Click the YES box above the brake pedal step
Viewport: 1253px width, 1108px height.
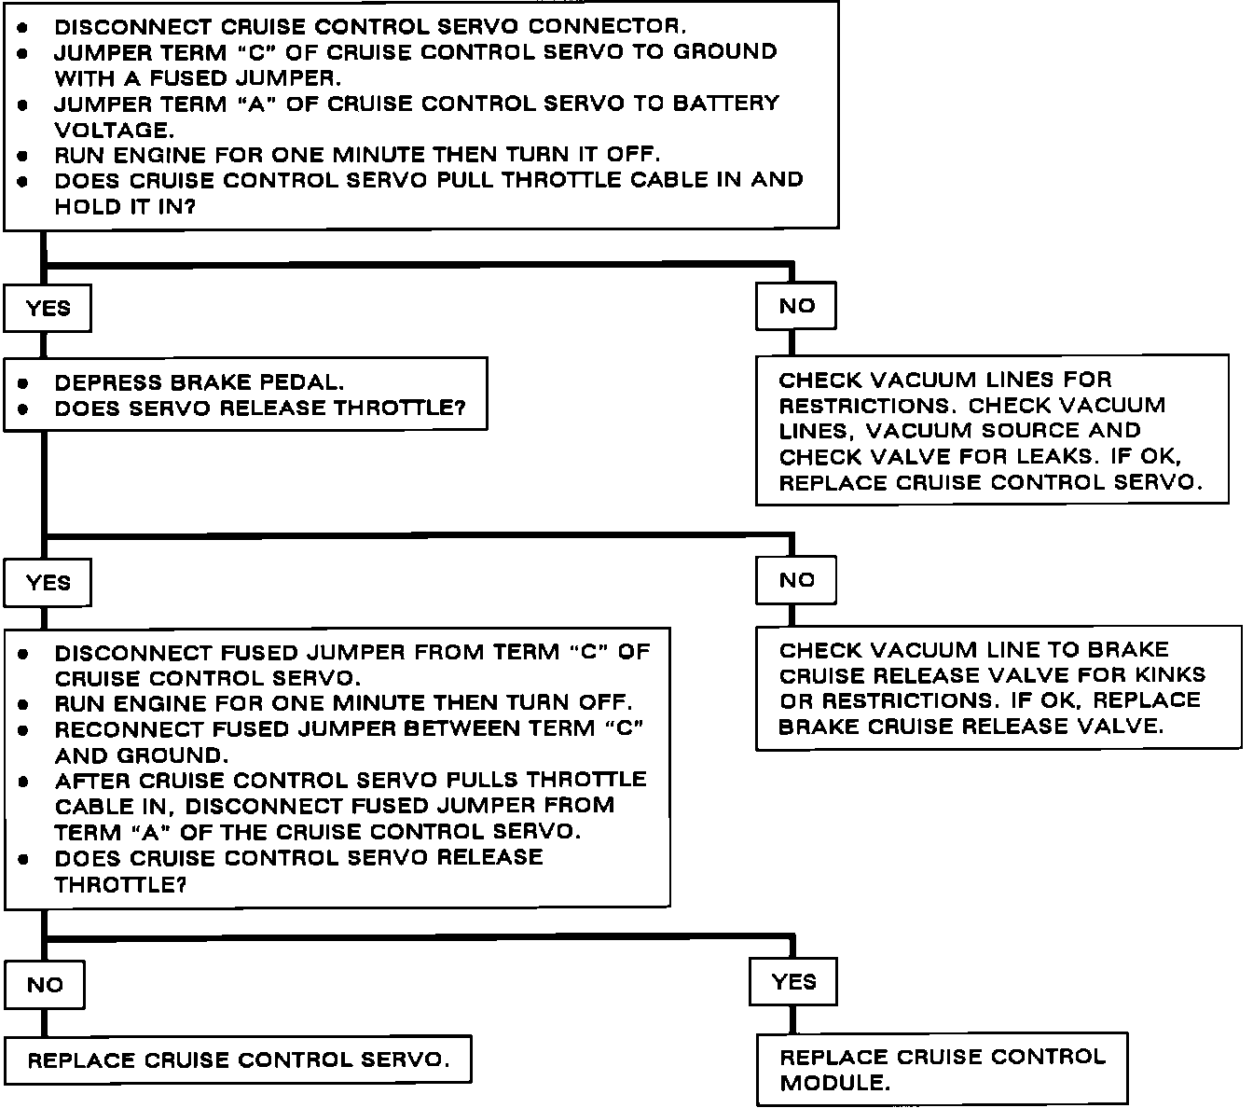pos(48,309)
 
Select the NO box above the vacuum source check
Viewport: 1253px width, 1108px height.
pos(796,306)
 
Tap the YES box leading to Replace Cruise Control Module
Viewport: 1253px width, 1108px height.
pos(793,981)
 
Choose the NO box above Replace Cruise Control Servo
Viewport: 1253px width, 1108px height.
pos(45,985)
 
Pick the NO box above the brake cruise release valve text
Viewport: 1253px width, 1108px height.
pos(796,580)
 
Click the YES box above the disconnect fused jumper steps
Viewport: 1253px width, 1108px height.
pos(48,583)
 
